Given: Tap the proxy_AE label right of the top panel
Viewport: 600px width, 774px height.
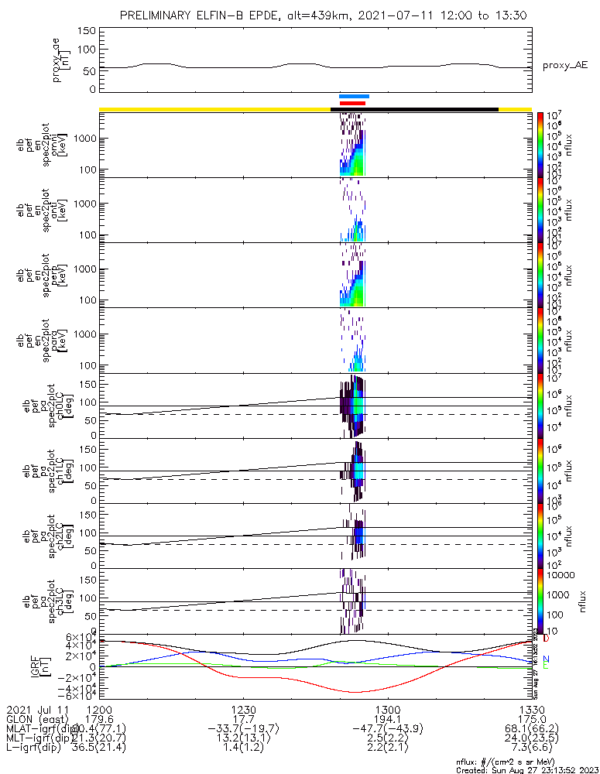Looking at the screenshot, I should [564, 66].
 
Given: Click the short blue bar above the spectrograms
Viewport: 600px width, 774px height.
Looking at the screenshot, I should [354, 97].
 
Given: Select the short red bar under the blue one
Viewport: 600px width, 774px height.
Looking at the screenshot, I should [352, 103].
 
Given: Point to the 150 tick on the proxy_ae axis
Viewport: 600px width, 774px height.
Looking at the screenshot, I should [87, 31].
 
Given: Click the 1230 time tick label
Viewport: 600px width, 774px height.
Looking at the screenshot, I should [243, 709].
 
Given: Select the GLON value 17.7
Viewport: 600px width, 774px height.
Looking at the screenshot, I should [243, 719].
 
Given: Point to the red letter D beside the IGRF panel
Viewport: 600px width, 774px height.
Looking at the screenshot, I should [546, 639].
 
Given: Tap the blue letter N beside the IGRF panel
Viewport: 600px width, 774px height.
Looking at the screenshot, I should [546, 659].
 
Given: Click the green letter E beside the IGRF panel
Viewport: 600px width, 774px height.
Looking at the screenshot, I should [546, 666].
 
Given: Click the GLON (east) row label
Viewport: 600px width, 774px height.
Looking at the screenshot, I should [37, 719].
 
